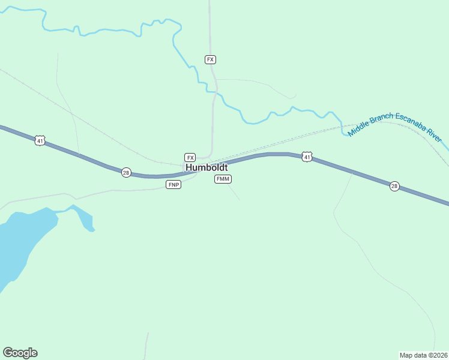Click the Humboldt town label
(x=206, y=167)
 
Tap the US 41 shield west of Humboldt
(x=40, y=140)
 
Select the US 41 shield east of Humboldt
(x=307, y=157)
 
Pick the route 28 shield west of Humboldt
(x=126, y=172)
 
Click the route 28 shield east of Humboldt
(x=394, y=186)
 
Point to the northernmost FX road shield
(x=210, y=59)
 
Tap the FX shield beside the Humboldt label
(x=190, y=157)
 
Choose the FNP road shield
(x=173, y=184)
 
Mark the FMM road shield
(x=223, y=179)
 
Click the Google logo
(x=20, y=353)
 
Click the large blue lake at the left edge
(x=24, y=240)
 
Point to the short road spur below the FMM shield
(x=234, y=192)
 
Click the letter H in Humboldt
(x=189, y=167)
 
